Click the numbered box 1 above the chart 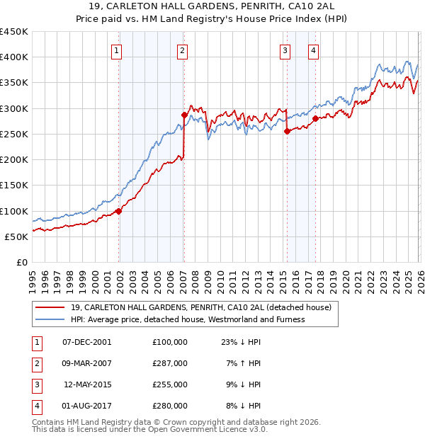click(116, 50)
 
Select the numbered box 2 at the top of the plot click(182, 50)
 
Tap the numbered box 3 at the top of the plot click(285, 50)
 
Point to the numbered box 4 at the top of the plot click(312, 50)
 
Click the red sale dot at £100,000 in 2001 click(119, 210)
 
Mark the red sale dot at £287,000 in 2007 click(184, 115)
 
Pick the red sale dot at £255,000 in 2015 click(287, 131)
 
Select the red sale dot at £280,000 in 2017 click(315, 118)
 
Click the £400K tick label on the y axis click(14, 57)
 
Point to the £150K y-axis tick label click(14, 186)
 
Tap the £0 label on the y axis click(20, 262)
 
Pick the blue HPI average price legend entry click(188, 319)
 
